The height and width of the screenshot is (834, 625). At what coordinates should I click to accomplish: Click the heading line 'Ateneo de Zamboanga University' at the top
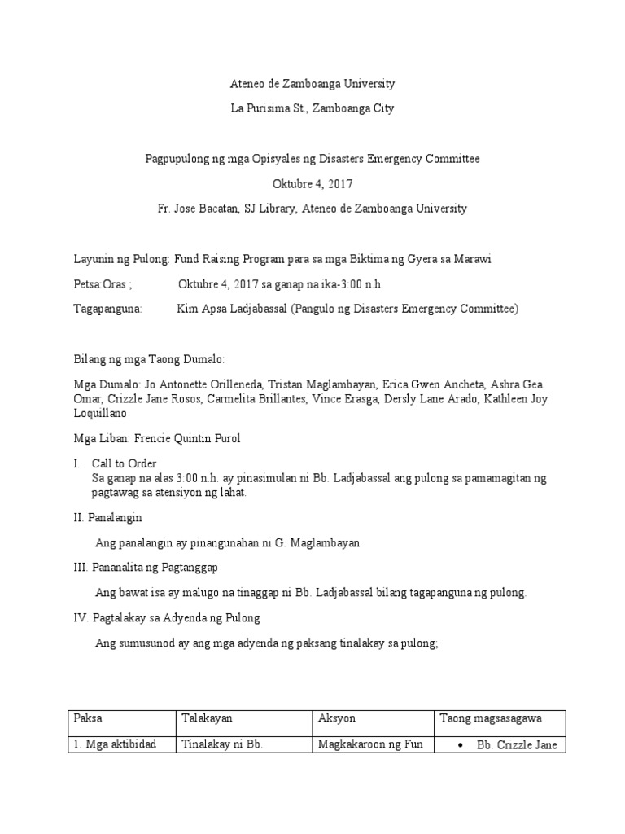click(312, 84)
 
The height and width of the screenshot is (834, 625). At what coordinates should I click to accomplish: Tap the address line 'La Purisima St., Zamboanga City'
click(312, 108)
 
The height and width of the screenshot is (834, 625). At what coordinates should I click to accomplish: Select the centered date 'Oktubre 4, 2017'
click(312, 184)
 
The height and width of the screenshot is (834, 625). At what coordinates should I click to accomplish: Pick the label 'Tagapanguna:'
click(107, 309)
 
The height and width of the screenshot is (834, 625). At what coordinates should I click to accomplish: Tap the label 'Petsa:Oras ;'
click(103, 284)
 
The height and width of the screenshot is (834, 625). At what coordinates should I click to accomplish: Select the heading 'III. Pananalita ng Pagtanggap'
click(151, 567)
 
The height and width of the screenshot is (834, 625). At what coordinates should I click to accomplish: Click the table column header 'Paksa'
click(89, 718)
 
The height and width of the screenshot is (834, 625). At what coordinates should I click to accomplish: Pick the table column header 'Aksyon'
click(337, 718)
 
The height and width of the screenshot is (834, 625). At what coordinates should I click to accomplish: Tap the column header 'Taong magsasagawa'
click(491, 718)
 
